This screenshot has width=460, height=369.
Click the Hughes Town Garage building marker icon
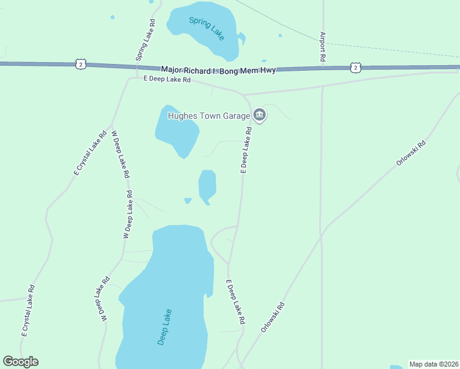(x=260, y=115)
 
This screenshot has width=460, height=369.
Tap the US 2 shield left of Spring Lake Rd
(x=81, y=64)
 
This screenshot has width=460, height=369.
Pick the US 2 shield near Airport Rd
(x=355, y=67)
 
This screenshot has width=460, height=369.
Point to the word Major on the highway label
(x=173, y=69)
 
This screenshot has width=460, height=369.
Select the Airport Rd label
(x=322, y=47)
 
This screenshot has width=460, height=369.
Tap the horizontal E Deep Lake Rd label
(x=167, y=79)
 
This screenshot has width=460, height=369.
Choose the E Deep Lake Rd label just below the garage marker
(x=246, y=151)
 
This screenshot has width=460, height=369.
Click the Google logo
(x=20, y=362)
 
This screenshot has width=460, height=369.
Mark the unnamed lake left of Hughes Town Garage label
(x=176, y=131)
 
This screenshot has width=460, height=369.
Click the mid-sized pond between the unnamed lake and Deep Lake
(x=207, y=184)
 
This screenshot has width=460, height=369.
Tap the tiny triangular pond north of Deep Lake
(x=188, y=200)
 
